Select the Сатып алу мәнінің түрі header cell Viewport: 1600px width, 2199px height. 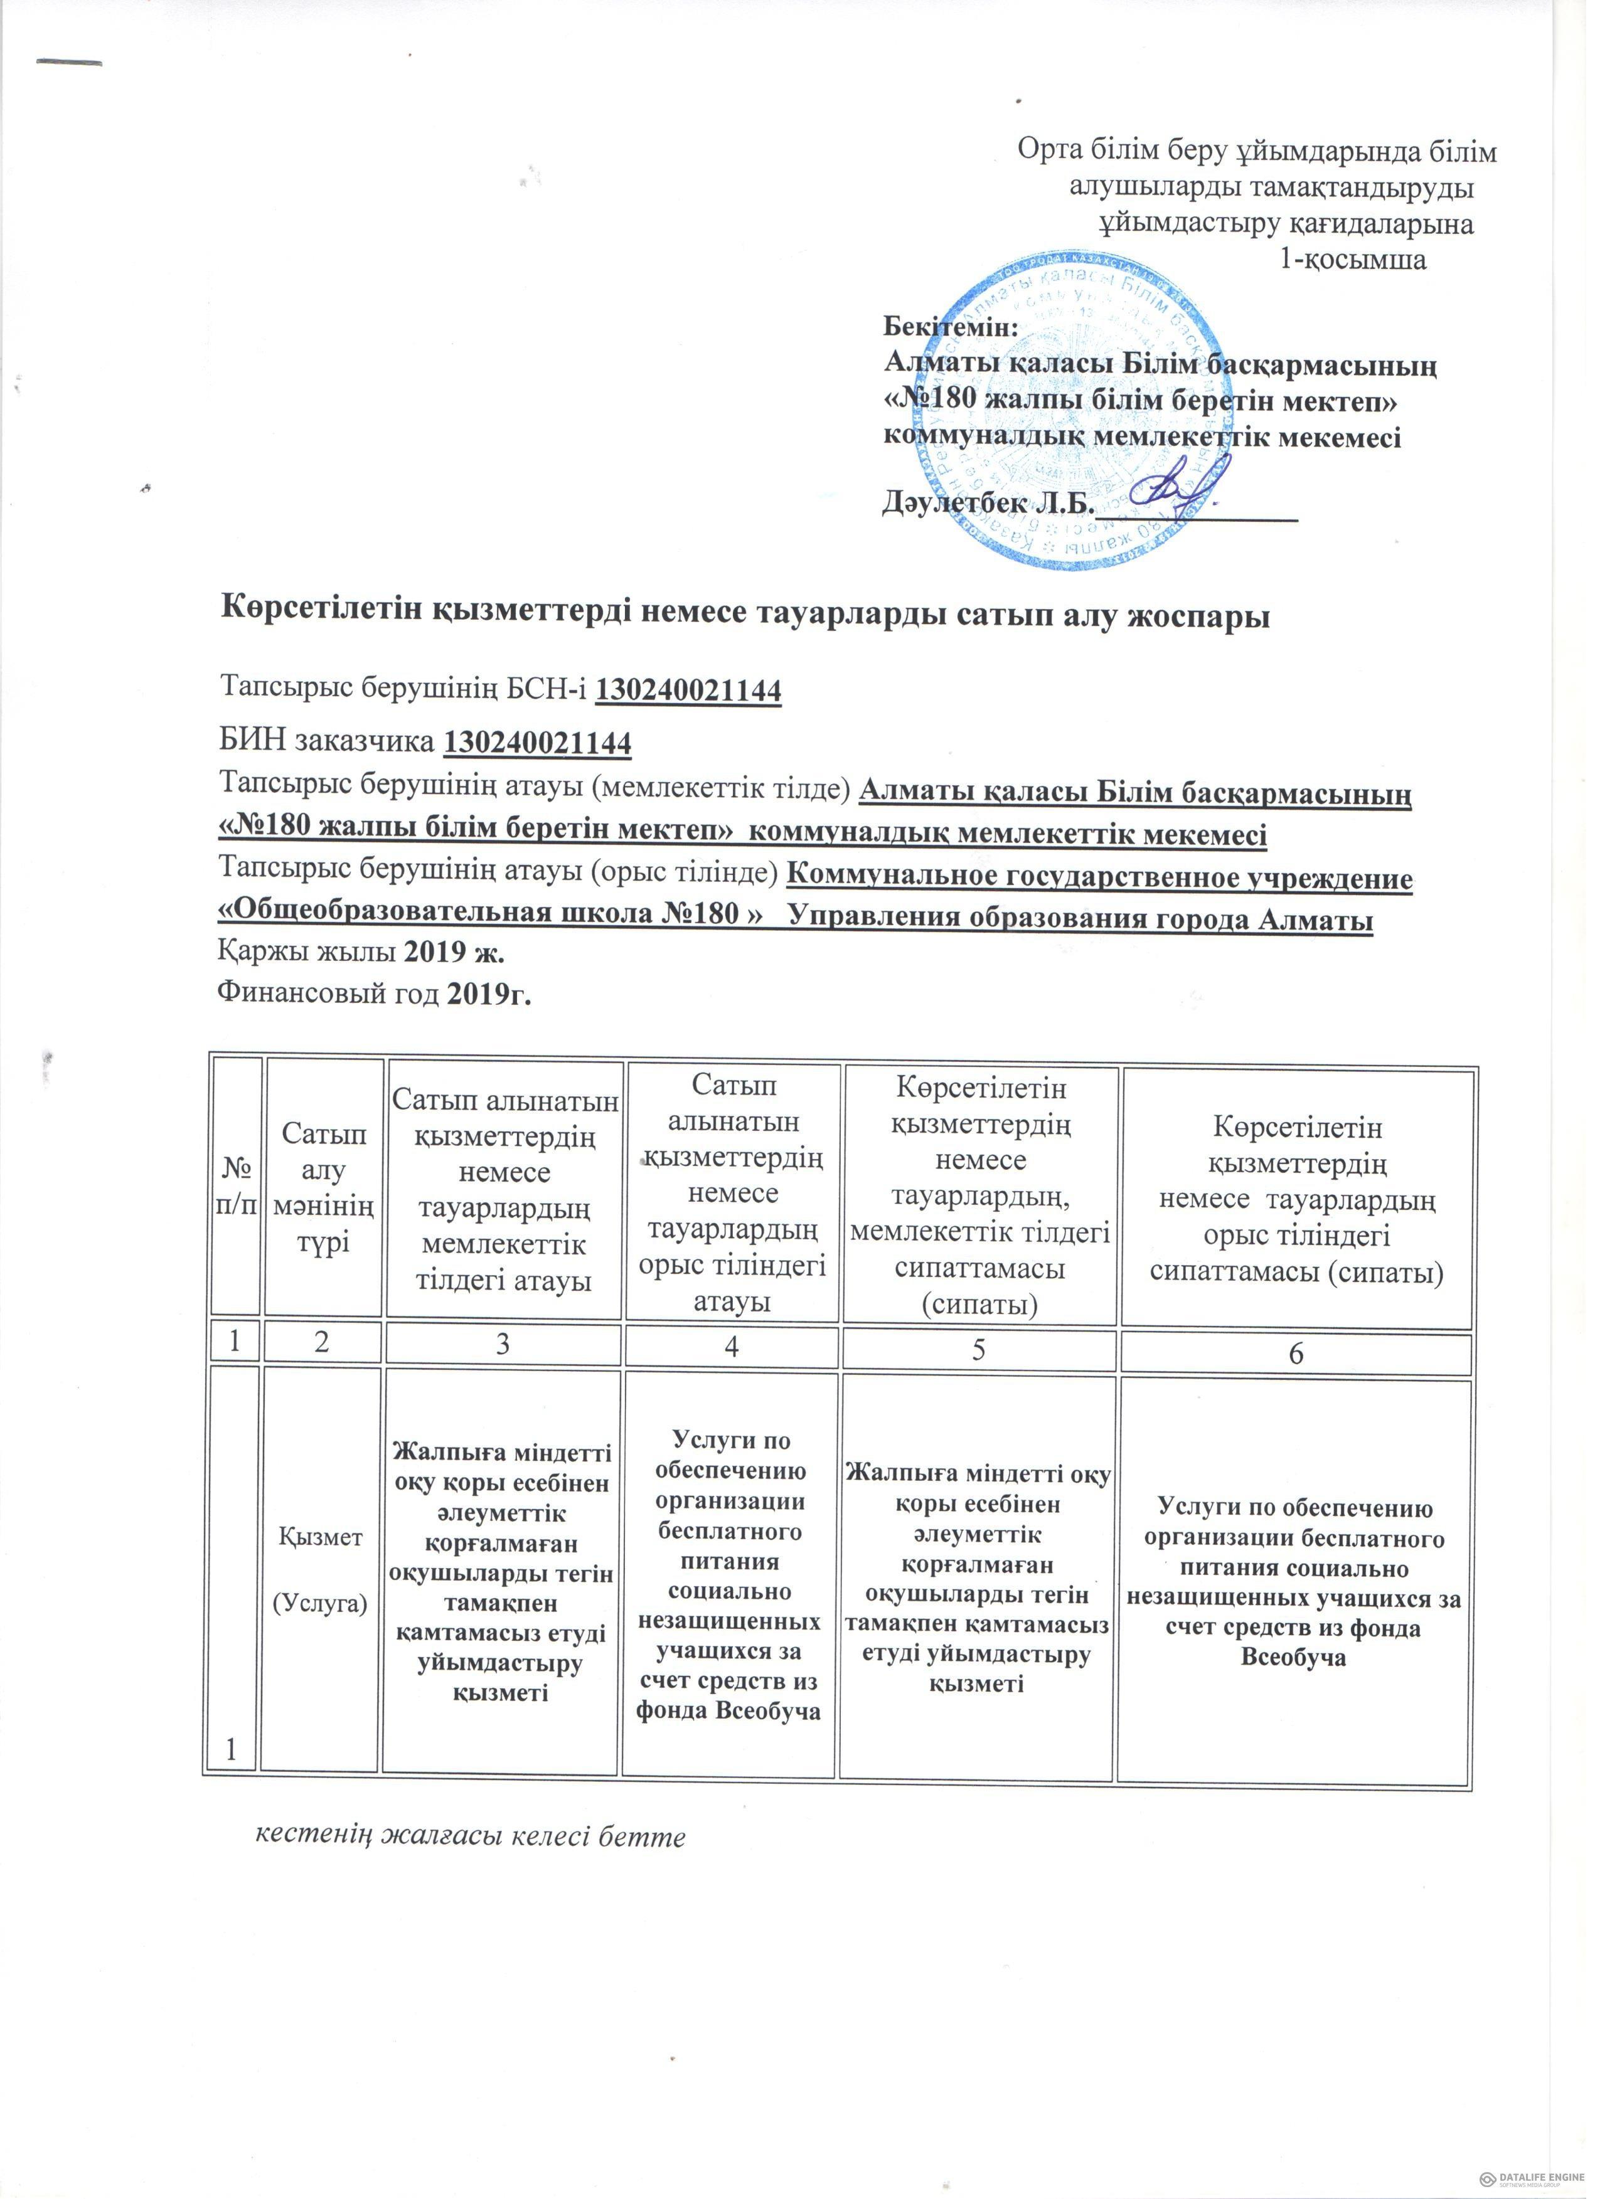323,1189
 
